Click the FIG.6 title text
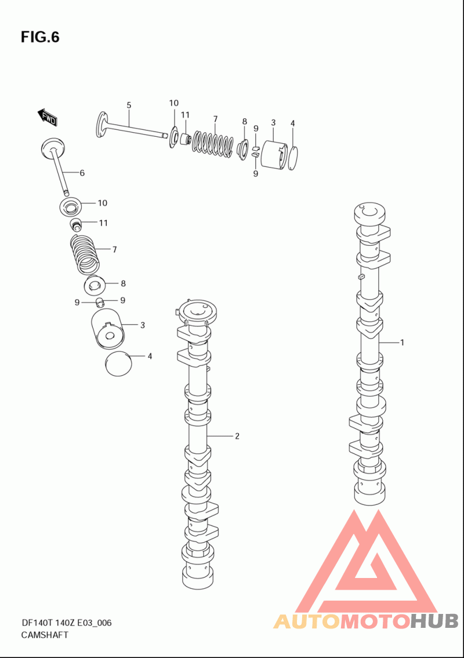41,37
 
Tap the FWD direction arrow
47,117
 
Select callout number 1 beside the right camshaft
402,343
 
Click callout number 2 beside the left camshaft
237,437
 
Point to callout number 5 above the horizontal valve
129,105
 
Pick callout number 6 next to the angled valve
82,173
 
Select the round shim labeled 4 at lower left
118,363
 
